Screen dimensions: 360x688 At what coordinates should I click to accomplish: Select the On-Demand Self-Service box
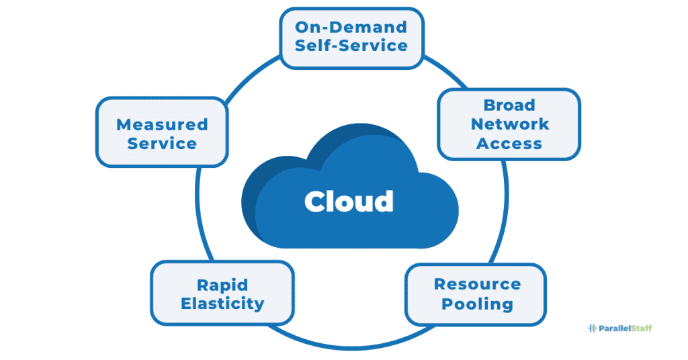coord(351,38)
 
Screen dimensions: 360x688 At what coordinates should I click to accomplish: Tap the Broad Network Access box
coord(509,124)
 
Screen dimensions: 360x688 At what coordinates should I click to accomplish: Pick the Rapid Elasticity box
coord(222,294)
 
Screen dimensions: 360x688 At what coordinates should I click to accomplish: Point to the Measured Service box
coord(162,133)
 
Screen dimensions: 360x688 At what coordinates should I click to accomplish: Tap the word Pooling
coord(477,304)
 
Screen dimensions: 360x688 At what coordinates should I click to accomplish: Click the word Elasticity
coord(222,303)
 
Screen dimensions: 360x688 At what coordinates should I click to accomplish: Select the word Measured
coord(162,124)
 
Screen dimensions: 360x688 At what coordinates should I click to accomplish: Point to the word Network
coord(509,124)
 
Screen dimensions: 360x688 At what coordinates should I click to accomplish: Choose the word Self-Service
coord(351,46)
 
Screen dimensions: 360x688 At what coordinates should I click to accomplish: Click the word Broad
coord(509,105)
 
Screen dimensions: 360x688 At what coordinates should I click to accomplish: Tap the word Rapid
coord(222,284)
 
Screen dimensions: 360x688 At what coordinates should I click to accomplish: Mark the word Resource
coord(477,284)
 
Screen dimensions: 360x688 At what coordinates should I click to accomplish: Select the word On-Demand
coord(351,28)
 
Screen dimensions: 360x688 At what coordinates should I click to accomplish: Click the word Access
coord(509,143)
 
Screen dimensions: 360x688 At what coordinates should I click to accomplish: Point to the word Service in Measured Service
coord(162,143)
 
